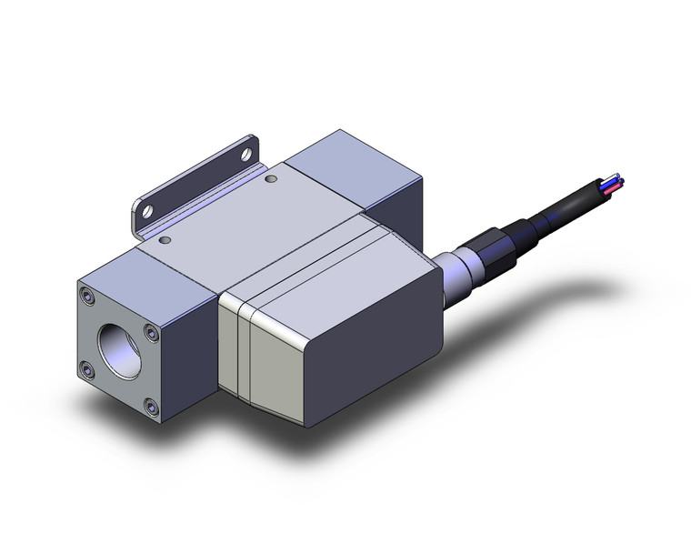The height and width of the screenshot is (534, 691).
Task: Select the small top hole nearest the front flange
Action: (x=165, y=242)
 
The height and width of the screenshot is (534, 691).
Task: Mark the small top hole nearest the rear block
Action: (x=270, y=180)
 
